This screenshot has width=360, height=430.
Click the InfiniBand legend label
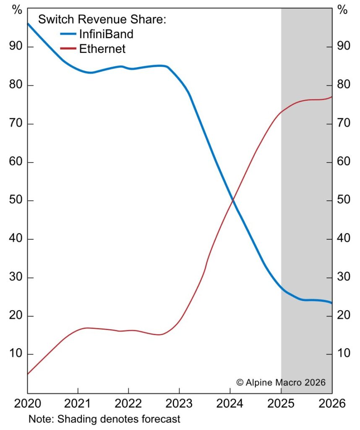click(106, 34)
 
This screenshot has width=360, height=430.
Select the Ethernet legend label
click(102, 49)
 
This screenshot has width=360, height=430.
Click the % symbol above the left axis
click(17, 10)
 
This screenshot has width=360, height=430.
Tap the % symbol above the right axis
click(343, 10)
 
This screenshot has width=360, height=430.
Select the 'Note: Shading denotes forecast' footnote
click(104, 419)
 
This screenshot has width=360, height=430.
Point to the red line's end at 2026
click(331, 97)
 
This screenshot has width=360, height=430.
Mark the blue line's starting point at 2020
click(28, 24)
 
